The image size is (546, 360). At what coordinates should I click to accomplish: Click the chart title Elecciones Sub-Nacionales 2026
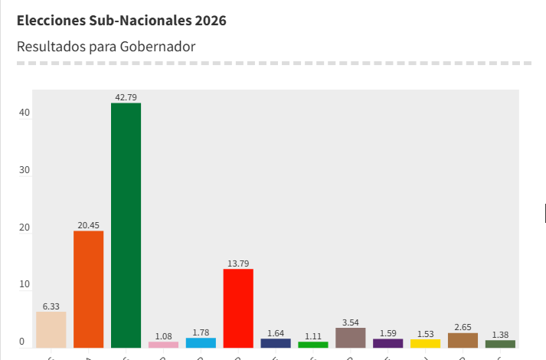[x=122, y=21]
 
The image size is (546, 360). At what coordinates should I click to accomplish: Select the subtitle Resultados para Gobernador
[x=106, y=47]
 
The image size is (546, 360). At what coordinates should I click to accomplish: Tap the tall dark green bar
[x=126, y=225]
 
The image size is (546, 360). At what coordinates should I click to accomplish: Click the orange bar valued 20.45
[x=89, y=289]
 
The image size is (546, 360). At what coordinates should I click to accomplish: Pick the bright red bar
[x=238, y=308]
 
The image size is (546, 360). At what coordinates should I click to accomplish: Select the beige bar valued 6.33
[x=51, y=329]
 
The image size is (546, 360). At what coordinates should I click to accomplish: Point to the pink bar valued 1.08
[x=163, y=345]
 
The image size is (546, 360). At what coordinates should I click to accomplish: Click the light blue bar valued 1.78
[x=201, y=342]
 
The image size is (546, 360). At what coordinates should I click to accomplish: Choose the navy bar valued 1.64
[x=276, y=343]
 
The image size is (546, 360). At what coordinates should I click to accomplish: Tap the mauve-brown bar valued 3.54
[x=351, y=338]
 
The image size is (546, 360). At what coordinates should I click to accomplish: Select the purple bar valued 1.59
[x=388, y=343]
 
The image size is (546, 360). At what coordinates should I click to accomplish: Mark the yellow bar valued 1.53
[x=426, y=343]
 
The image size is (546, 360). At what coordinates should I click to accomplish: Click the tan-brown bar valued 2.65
[x=463, y=340]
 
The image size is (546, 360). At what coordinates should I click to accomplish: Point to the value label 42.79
[x=126, y=97]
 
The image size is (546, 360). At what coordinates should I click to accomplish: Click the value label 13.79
[x=238, y=263]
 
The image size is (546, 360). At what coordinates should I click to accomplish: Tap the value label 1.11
[x=313, y=336]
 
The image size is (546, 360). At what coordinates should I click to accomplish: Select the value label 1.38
[x=500, y=335]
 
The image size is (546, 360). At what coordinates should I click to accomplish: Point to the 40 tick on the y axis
[x=25, y=113]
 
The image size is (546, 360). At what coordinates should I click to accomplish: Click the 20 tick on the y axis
[x=25, y=227]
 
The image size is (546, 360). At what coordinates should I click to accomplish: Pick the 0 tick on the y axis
[x=22, y=342]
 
